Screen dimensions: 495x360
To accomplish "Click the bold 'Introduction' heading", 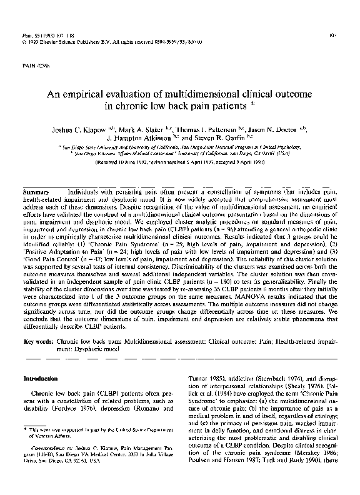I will point(40,379).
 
